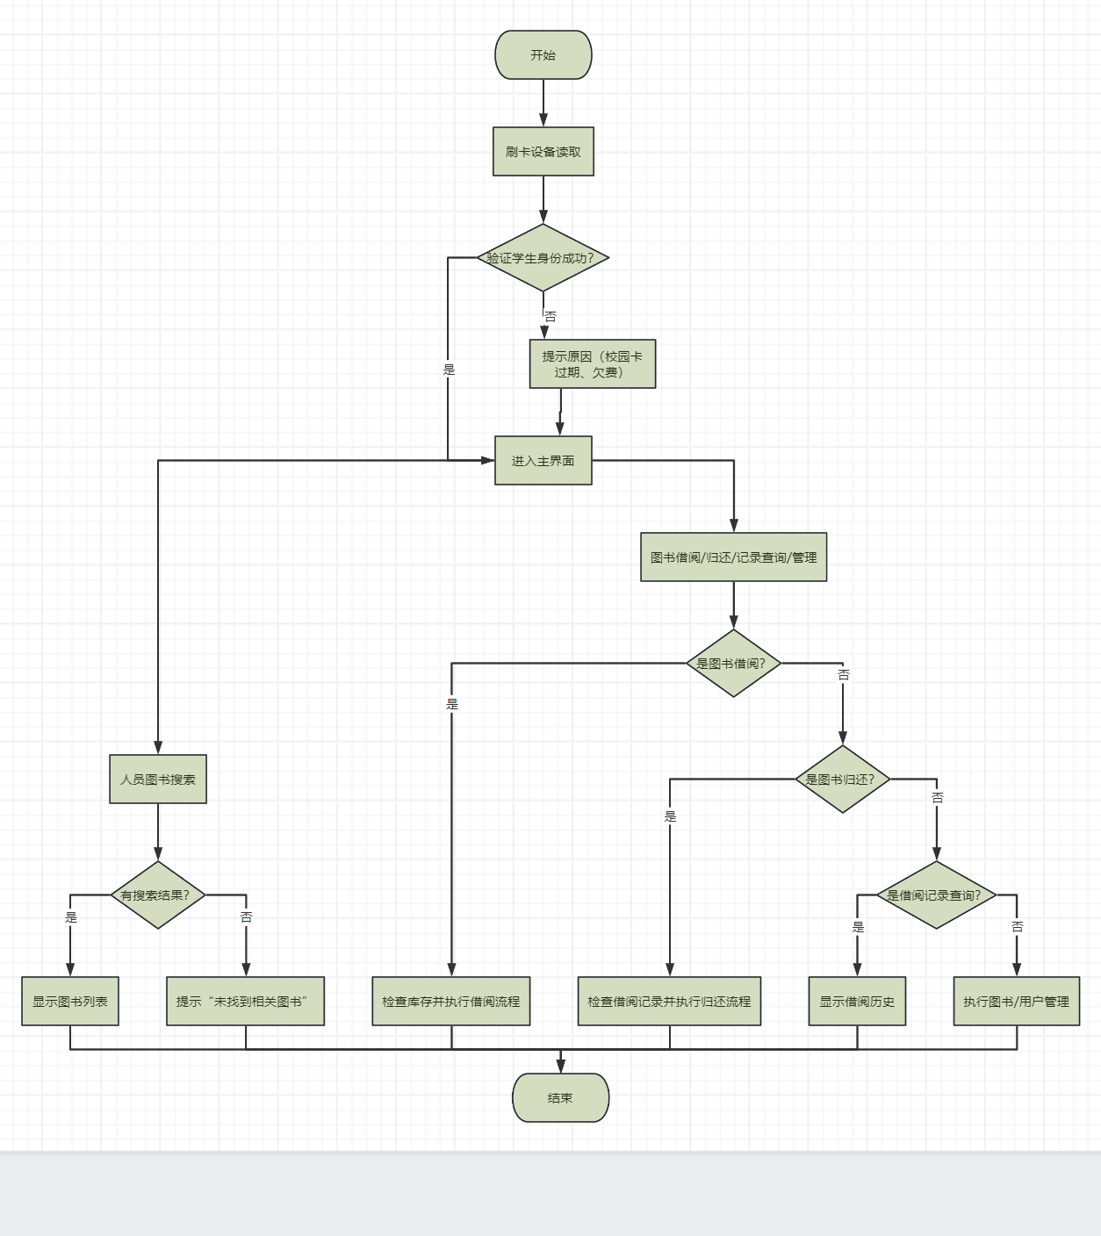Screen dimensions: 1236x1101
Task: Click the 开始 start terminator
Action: tap(543, 54)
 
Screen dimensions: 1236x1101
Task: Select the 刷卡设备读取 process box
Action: tap(543, 151)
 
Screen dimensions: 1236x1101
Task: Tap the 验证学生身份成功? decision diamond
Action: tap(543, 257)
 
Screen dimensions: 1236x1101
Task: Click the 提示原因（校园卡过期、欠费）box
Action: tap(592, 363)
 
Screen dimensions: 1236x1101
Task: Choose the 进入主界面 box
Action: tap(543, 460)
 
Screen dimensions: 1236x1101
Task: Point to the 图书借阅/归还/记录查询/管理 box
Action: tap(733, 557)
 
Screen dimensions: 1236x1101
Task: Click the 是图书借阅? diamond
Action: tap(733, 663)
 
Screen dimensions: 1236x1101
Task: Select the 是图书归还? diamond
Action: tap(842, 779)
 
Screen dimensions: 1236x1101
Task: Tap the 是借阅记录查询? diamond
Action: tap(936, 895)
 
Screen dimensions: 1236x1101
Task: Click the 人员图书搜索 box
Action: tap(158, 779)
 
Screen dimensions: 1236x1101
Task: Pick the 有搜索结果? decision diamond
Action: tap(158, 895)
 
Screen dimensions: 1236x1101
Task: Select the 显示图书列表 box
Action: tap(70, 1001)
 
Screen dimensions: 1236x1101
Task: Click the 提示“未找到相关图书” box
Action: tap(245, 1001)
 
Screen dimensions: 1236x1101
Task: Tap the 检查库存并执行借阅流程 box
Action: tap(450, 1001)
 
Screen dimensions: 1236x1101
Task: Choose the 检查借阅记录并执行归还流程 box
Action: tap(669, 1001)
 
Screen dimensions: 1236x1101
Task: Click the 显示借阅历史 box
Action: tap(857, 1001)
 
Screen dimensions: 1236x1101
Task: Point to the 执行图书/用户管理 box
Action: tap(1016, 1001)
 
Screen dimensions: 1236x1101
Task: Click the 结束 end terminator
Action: tap(560, 1097)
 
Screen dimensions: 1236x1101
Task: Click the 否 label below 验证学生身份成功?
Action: tap(550, 317)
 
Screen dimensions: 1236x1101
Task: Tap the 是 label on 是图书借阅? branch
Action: tap(452, 704)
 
